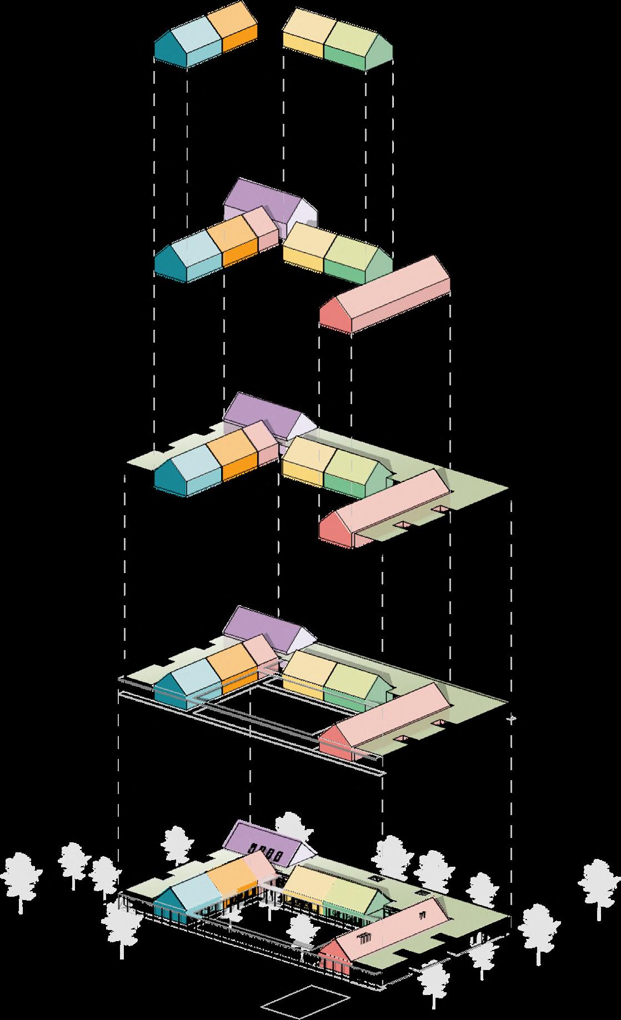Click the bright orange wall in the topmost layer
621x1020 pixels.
(x=239, y=45)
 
